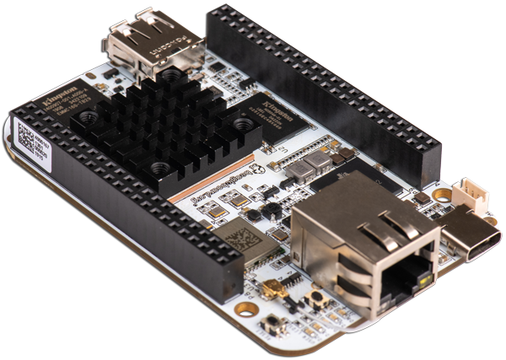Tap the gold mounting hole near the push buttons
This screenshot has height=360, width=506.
[245, 309]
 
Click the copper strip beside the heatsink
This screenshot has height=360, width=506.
[212, 178]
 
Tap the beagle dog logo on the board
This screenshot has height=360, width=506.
[261, 169]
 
